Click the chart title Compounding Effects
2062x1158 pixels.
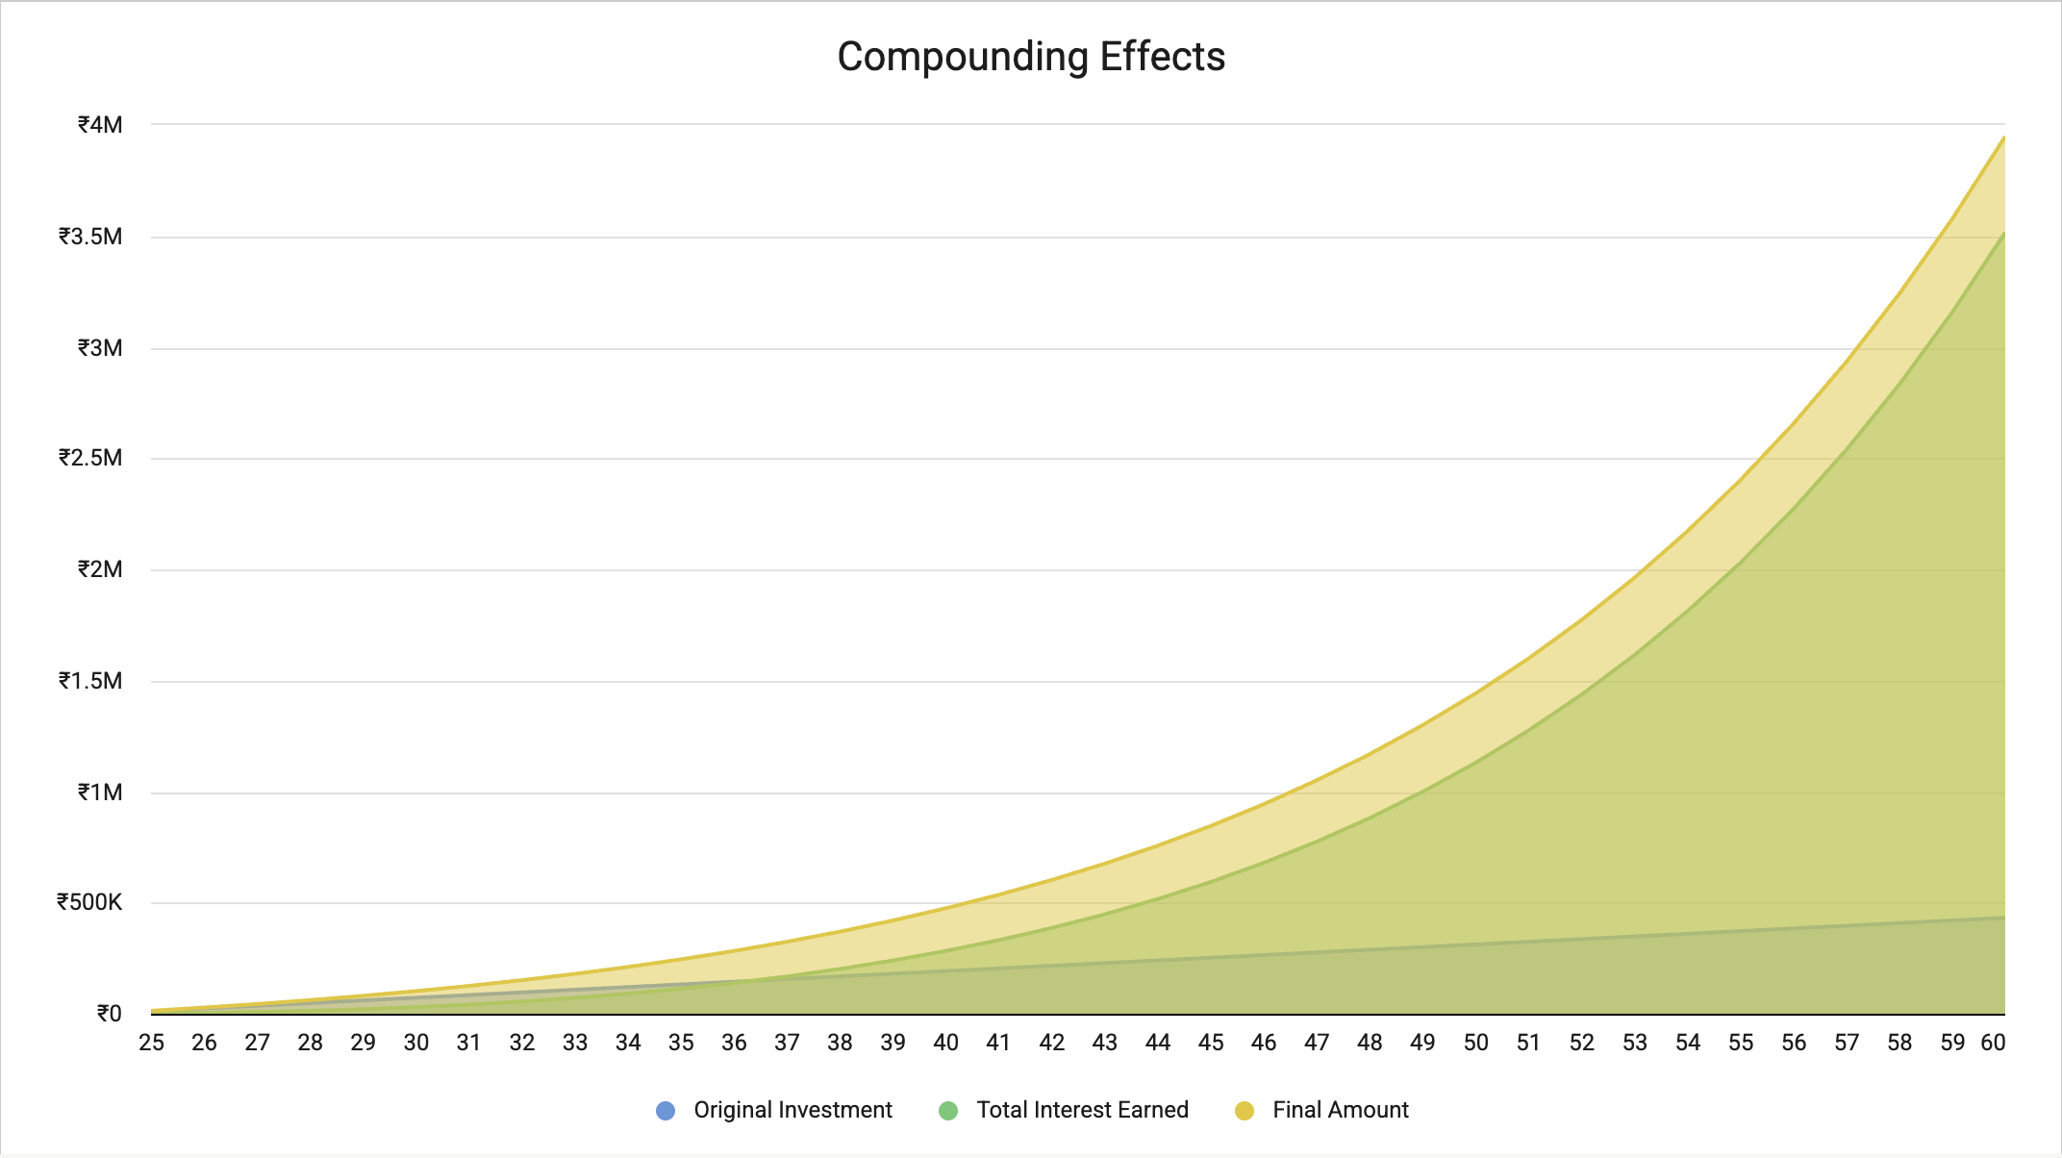click(x=1031, y=57)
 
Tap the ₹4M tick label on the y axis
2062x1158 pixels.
click(x=100, y=125)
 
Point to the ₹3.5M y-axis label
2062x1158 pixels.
click(x=90, y=237)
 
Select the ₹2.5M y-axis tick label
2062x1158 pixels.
click(x=90, y=458)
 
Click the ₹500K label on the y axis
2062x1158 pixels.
click(x=89, y=902)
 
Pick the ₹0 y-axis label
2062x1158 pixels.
click(x=109, y=1014)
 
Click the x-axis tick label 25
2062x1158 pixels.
click(x=151, y=1043)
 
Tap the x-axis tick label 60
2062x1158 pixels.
click(x=1993, y=1043)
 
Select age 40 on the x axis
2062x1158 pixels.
click(x=945, y=1043)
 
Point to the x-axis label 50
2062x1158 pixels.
click(x=1475, y=1043)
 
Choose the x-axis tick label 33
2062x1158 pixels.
click(x=575, y=1043)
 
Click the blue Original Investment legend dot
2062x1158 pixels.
click(x=666, y=1111)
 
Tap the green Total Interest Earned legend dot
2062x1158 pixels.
click(x=948, y=1111)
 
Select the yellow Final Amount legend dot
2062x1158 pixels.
click(x=1245, y=1111)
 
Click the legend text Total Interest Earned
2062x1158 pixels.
click(x=1082, y=1110)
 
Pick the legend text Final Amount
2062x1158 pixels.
click(x=1340, y=1110)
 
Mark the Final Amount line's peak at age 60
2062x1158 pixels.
click(x=2003, y=138)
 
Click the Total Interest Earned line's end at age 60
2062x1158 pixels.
click(x=2003, y=234)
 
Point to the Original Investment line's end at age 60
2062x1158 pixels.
click(x=2003, y=918)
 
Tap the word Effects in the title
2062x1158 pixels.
click(x=1162, y=57)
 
